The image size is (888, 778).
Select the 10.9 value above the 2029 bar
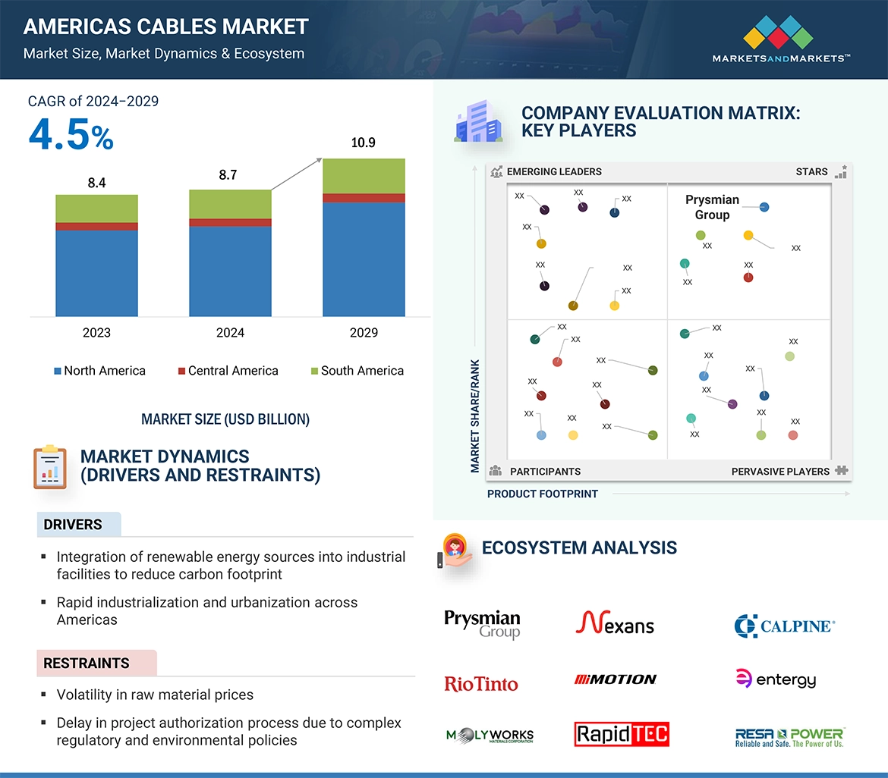(x=364, y=143)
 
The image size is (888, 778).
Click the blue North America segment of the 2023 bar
(x=96, y=273)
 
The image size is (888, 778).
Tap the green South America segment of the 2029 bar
(x=364, y=176)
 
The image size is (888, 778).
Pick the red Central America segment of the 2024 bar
(x=230, y=222)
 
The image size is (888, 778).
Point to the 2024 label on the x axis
(x=230, y=333)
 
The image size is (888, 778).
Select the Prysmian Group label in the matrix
(x=712, y=207)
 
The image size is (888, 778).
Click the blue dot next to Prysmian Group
(x=764, y=207)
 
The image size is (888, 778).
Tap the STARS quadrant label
(x=811, y=171)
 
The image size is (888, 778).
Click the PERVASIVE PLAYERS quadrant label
(x=780, y=471)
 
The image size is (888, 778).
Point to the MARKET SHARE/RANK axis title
(x=475, y=416)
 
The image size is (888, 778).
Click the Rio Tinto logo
(x=481, y=684)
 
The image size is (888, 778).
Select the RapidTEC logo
(x=622, y=734)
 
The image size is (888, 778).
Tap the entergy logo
(x=776, y=679)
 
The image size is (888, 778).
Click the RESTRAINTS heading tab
(x=87, y=663)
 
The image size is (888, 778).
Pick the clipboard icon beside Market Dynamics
(x=50, y=467)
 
